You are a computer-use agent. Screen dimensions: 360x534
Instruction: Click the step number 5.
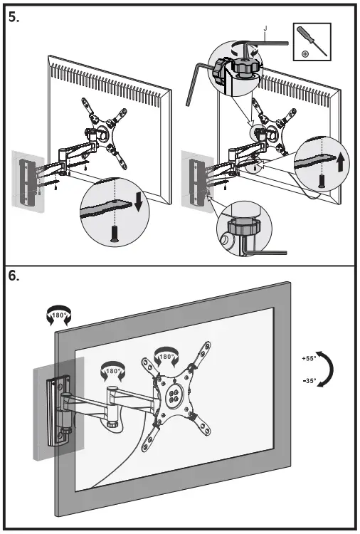pos(14,17)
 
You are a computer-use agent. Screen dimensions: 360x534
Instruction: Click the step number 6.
pos(14,276)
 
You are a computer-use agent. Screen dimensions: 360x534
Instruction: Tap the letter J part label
pos(265,29)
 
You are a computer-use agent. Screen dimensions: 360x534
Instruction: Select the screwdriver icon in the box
pos(312,41)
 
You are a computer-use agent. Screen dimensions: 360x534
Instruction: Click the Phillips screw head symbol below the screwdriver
pos(305,54)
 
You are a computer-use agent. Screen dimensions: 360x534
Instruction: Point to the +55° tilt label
pos(309,358)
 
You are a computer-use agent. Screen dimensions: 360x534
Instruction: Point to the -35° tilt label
pos(309,381)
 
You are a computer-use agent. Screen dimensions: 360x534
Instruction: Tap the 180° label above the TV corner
pos(58,315)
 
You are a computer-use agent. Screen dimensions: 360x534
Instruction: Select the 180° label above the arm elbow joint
pos(112,371)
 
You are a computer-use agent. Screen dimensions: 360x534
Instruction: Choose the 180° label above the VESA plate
pos(166,357)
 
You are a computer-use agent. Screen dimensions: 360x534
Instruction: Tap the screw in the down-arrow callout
pos(115,234)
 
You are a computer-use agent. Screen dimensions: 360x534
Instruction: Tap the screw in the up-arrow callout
pos(321,181)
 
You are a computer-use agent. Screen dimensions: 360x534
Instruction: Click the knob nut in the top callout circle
pos(245,66)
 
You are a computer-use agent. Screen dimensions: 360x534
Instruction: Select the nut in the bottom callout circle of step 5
pos(243,226)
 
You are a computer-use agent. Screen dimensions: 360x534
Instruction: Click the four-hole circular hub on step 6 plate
pos(173,396)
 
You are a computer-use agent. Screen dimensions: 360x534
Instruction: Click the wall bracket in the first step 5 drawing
pos(27,182)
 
